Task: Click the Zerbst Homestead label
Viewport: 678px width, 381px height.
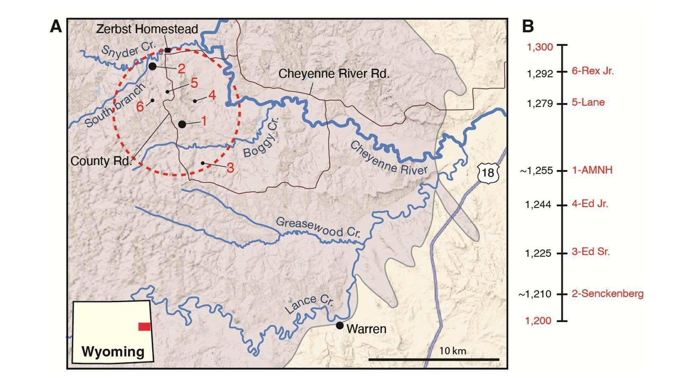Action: pyautogui.click(x=147, y=29)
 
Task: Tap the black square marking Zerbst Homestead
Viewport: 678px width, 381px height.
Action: pyautogui.click(x=168, y=50)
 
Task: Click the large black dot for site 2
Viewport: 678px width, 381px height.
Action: pyautogui.click(x=153, y=66)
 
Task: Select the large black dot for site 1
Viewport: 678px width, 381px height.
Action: pyautogui.click(x=182, y=124)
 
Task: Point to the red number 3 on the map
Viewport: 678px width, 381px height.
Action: pyautogui.click(x=230, y=168)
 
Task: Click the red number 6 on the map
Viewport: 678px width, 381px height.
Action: pyautogui.click(x=140, y=107)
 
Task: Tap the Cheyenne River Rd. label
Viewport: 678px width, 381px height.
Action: pyautogui.click(x=333, y=74)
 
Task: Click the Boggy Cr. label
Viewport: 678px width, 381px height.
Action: pyautogui.click(x=261, y=138)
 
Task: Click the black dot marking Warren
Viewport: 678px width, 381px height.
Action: pyautogui.click(x=339, y=326)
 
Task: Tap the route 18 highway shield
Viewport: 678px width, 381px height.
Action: pyautogui.click(x=488, y=172)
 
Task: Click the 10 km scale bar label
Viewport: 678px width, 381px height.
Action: pyautogui.click(x=453, y=351)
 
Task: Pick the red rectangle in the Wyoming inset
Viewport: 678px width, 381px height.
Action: pyautogui.click(x=144, y=326)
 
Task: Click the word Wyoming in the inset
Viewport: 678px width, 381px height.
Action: pyautogui.click(x=113, y=352)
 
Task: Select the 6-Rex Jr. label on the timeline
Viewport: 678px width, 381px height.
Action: pyautogui.click(x=592, y=71)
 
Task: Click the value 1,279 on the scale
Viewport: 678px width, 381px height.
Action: pyautogui.click(x=539, y=103)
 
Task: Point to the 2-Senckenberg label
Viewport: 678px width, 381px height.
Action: pyautogui.click(x=607, y=294)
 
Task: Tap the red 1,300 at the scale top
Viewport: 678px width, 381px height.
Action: pyautogui.click(x=539, y=47)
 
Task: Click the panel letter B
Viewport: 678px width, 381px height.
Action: pyautogui.click(x=528, y=26)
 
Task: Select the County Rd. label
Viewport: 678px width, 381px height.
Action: pyautogui.click(x=101, y=161)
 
